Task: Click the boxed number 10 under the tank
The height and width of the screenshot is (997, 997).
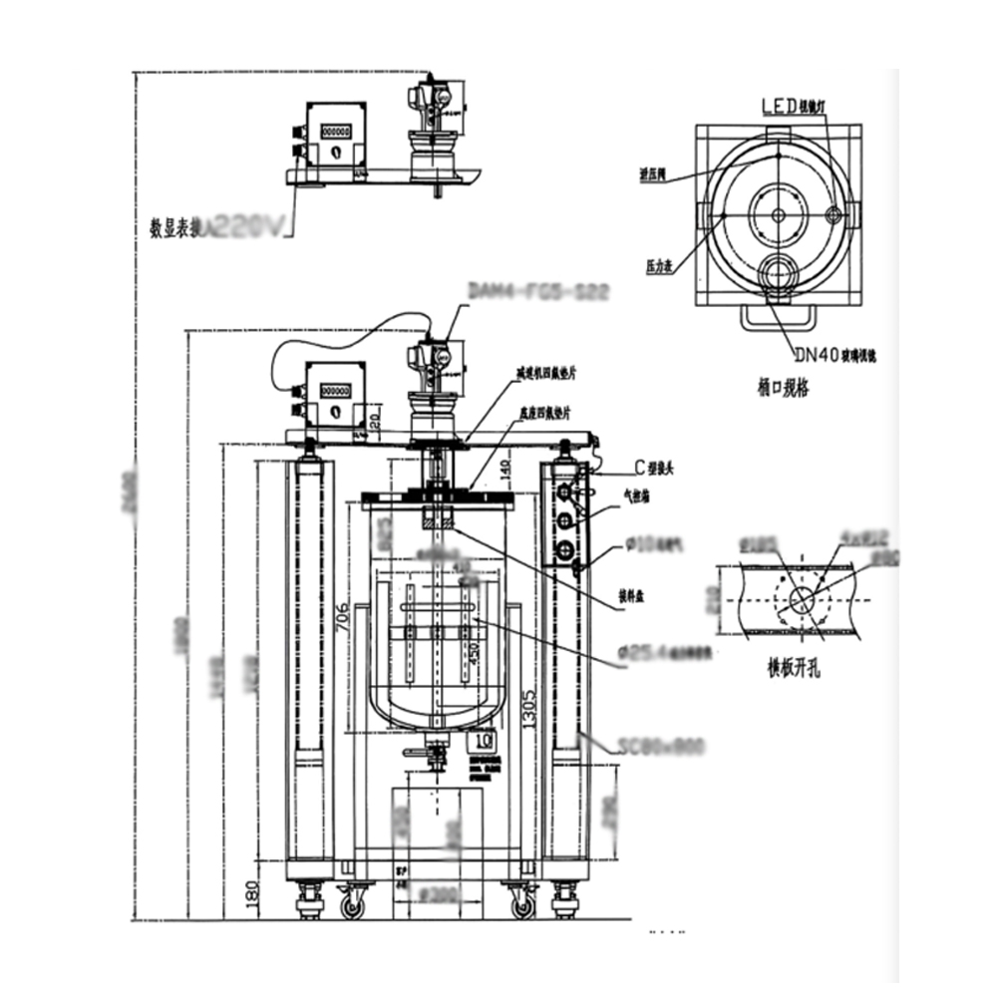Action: pos(485,740)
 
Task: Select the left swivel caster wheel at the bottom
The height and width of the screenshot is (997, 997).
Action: pos(352,905)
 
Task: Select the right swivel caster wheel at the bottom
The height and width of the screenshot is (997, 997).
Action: pos(520,905)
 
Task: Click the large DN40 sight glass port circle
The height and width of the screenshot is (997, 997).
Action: pos(778,268)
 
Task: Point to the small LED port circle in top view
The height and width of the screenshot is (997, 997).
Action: pos(835,212)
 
